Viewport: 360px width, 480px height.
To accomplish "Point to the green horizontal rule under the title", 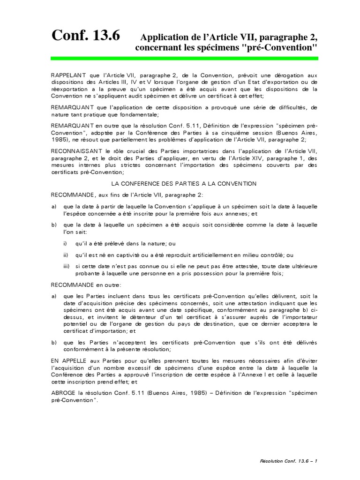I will pyautogui.click(x=184, y=59).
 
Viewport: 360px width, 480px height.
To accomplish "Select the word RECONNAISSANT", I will pyautogui.click(x=76, y=151).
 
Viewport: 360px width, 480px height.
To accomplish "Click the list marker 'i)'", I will pyautogui.click(x=65, y=243).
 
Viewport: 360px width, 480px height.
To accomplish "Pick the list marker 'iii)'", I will pyautogui.click(x=67, y=266).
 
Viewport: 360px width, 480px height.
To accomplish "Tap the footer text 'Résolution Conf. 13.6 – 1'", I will pyautogui.click(x=289, y=461).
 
